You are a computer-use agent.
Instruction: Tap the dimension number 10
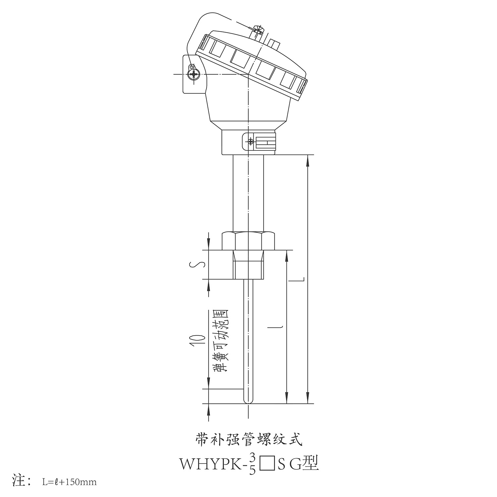pyautogui.click(x=197, y=340)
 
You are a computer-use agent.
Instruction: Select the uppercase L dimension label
pyautogui.click(x=296, y=280)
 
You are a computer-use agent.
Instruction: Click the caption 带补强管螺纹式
pyautogui.click(x=248, y=440)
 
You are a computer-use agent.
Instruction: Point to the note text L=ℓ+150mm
pyautogui.click(x=69, y=482)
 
